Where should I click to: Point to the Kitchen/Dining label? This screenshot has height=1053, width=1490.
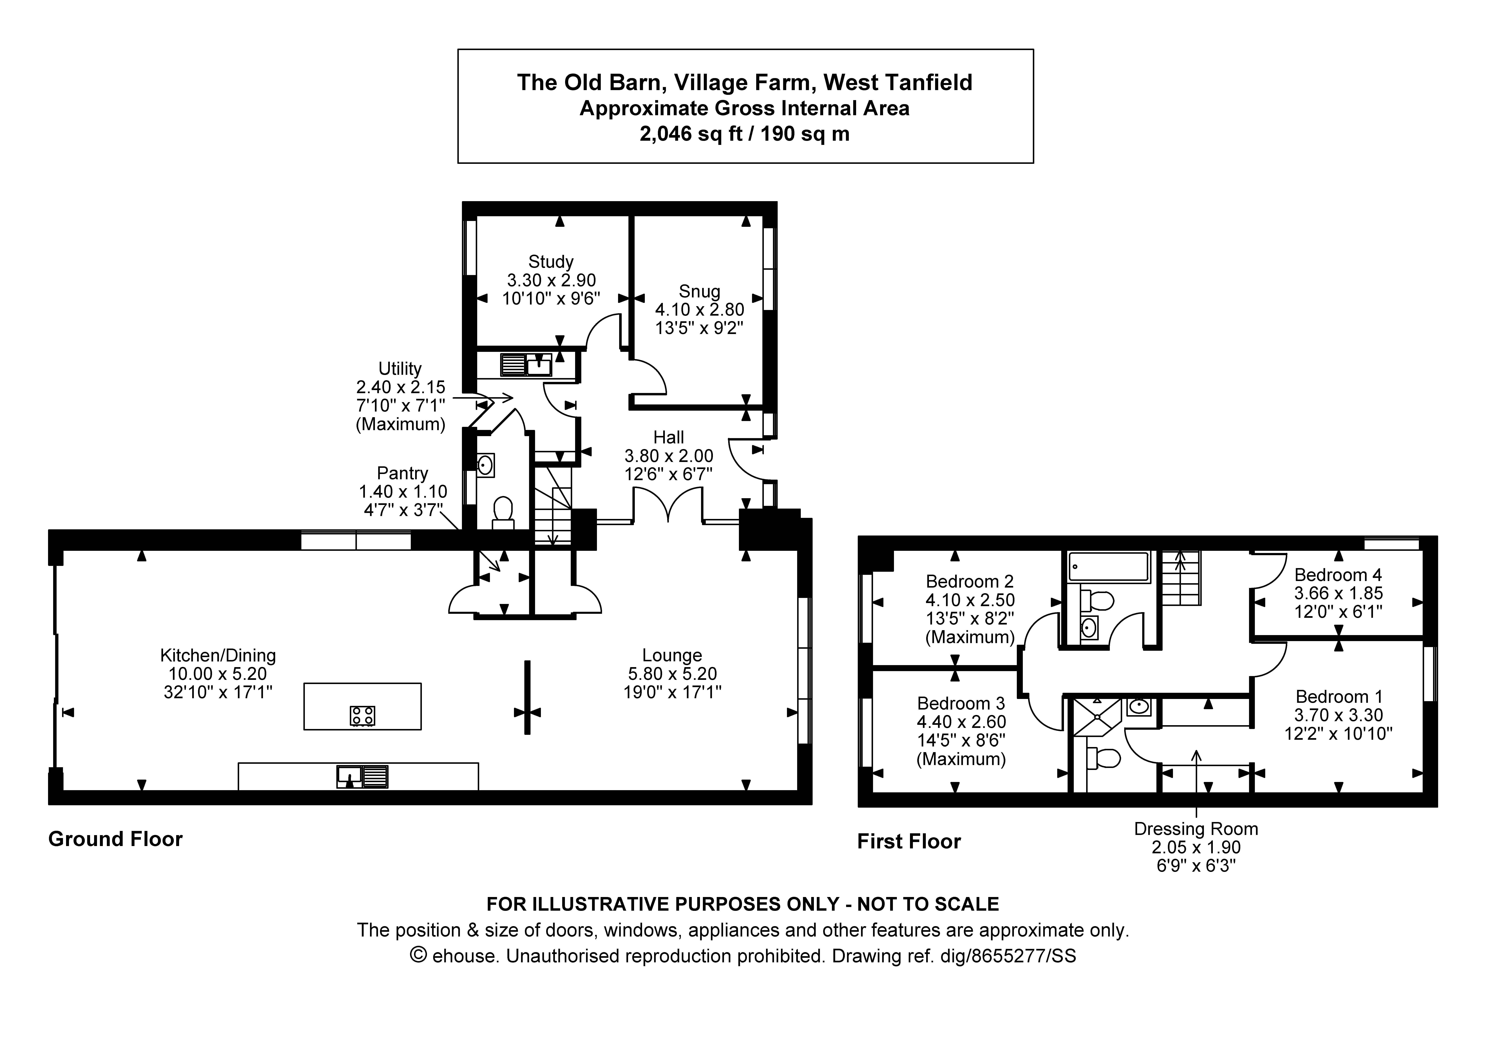pos(218,656)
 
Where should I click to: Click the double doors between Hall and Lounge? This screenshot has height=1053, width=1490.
pos(668,506)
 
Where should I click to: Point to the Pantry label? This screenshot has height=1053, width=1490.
pos(402,473)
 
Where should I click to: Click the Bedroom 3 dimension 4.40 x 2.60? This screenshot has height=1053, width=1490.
pos(961,722)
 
